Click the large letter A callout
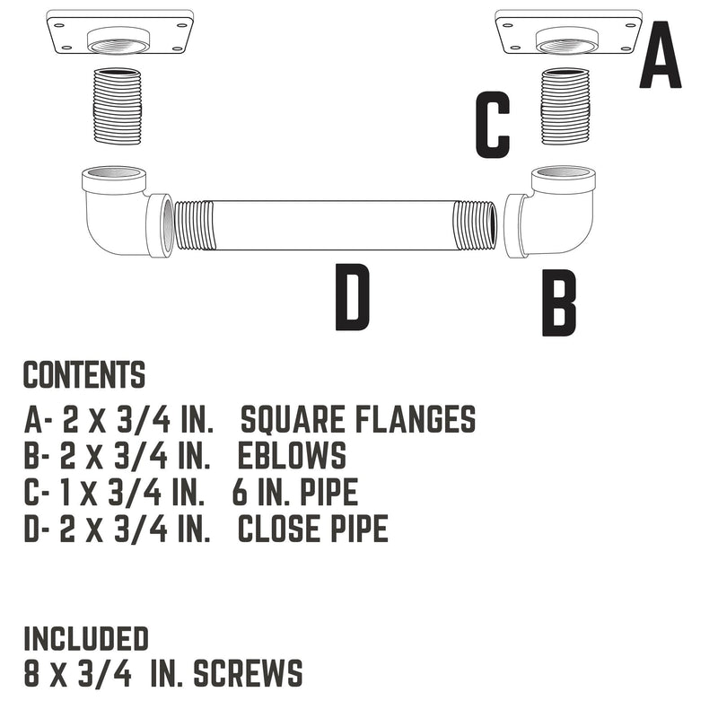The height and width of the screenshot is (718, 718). pos(660,57)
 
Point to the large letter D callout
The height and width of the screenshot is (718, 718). pos(352,297)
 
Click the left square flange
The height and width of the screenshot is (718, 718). pos(120,33)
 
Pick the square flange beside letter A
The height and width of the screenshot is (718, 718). pos(568,33)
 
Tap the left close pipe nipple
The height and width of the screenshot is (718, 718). pos(117,103)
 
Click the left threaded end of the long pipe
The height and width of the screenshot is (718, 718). pos(195,225)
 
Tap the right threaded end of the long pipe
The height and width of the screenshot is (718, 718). pos(474,225)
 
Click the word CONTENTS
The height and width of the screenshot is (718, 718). pos(84,375)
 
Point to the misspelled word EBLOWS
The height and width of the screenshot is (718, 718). pos(292,456)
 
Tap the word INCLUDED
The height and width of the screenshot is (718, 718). pos(85,639)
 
